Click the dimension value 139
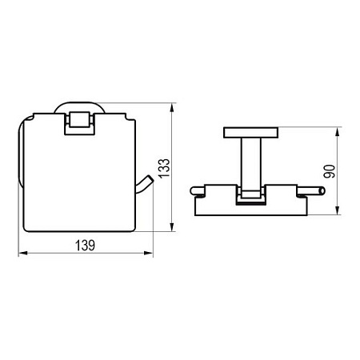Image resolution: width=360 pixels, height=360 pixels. coord(85,246)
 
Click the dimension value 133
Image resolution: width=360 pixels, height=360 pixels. coord(164,168)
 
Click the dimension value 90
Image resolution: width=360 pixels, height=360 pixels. coord(330,171)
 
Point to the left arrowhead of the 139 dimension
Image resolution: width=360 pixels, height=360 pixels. coord(22,253)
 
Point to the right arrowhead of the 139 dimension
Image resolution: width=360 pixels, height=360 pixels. coord(149,253)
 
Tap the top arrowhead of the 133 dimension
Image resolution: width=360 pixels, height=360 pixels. coord(172,108)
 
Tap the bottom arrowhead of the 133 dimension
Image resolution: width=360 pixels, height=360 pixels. coord(172,227)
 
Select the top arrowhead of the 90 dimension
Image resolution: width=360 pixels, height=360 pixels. coord(338,132)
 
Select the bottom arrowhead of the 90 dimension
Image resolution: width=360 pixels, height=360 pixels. coord(338,210)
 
